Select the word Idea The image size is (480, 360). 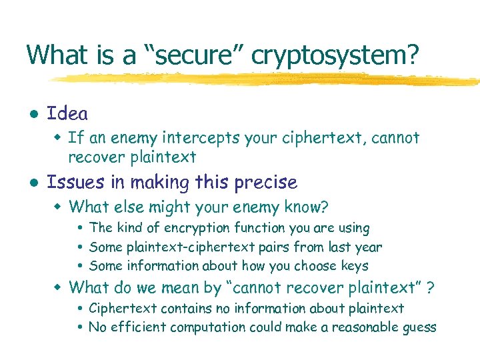click(x=67, y=114)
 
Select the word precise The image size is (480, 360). click(x=267, y=182)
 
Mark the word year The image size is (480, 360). click(x=368, y=247)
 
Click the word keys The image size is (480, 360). click(x=354, y=266)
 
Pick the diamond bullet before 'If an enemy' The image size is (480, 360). click(x=58, y=138)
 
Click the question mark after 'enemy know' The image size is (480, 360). click(x=325, y=207)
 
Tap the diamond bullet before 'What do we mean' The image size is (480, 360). click(x=58, y=288)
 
